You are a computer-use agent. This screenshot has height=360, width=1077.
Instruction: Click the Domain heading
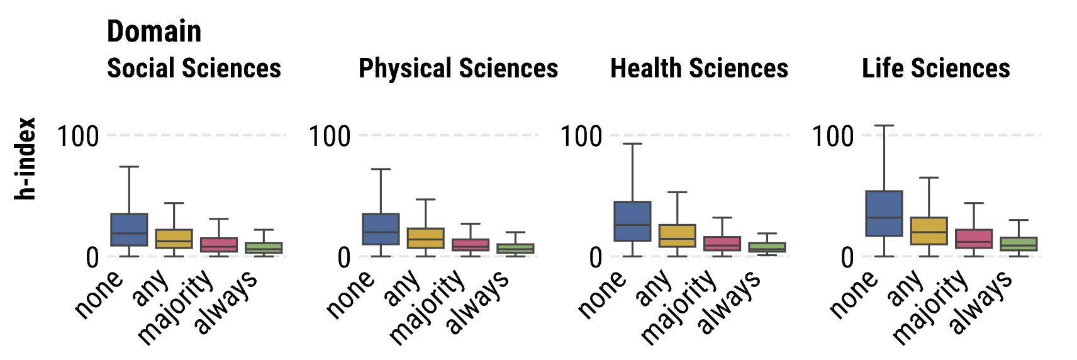[x=154, y=31]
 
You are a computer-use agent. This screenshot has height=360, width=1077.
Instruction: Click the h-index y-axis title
[x=25, y=159]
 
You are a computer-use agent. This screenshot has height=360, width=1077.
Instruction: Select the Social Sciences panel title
[x=194, y=68]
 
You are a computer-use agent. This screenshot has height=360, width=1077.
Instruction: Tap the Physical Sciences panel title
[x=458, y=68]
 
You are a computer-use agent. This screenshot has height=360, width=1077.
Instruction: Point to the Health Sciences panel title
[x=699, y=68]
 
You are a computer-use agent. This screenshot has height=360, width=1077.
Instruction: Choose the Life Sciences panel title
[x=935, y=68]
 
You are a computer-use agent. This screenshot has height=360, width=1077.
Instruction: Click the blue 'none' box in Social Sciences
[x=129, y=229]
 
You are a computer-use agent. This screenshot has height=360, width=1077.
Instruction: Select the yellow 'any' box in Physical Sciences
[x=425, y=238]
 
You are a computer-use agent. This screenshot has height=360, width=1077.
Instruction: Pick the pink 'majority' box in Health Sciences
[x=722, y=244]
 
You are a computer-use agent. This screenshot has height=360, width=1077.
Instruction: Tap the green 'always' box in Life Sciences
[x=1018, y=244]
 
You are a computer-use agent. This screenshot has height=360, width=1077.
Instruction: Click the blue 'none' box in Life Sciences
[x=884, y=213]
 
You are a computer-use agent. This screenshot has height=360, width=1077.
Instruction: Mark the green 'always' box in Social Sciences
[x=264, y=248]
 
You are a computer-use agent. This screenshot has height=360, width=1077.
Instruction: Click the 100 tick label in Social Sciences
[x=78, y=136]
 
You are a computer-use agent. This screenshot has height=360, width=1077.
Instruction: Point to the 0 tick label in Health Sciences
[x=595, y=257]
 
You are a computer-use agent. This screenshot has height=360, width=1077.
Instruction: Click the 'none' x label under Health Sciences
[x=601, y=294]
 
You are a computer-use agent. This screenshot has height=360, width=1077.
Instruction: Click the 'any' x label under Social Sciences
[x=150, y=288]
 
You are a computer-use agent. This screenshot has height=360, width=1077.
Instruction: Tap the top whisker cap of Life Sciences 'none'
[x=884, y=126]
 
